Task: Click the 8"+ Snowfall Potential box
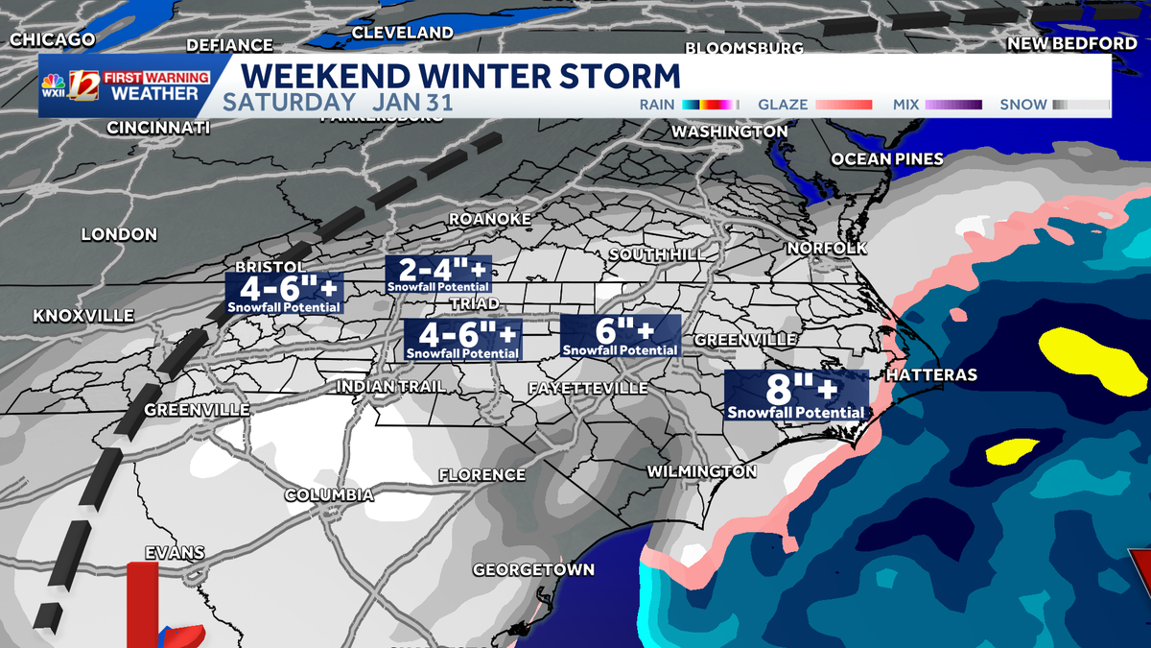(796, 396)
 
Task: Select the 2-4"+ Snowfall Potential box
(437, 274)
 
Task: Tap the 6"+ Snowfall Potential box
(621, 335)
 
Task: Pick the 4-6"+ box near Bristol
(284, 294)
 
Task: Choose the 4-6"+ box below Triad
(462, 340)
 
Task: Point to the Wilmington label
(701, 471)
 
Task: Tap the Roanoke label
(489, 220)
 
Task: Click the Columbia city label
(329, 495)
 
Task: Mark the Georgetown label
(533, 569)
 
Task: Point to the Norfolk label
(826, 248)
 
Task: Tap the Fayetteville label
(588, 388)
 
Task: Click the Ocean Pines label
(887, 158)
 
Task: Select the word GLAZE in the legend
(783, 104)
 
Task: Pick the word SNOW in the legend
(1023, 104)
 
